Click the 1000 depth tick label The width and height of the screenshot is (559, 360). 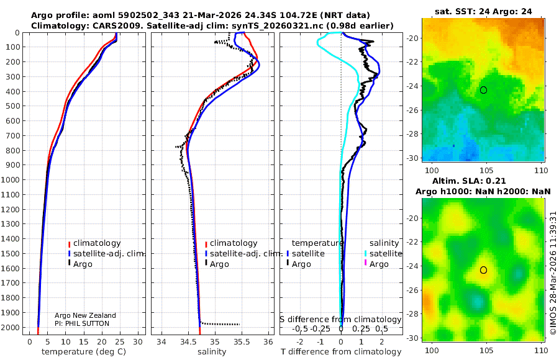coord(11,180)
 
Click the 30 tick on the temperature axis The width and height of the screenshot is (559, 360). coord(138,341)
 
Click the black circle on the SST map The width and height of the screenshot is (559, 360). coord(483,90)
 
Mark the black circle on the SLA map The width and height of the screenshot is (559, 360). coord(483,270)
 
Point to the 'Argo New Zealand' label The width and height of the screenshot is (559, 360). coord(85,315)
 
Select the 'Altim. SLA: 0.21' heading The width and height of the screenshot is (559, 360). coord(483,180)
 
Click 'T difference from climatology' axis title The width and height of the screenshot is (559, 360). coord(340,352)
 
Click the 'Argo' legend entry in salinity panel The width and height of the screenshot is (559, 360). coord(220,264)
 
